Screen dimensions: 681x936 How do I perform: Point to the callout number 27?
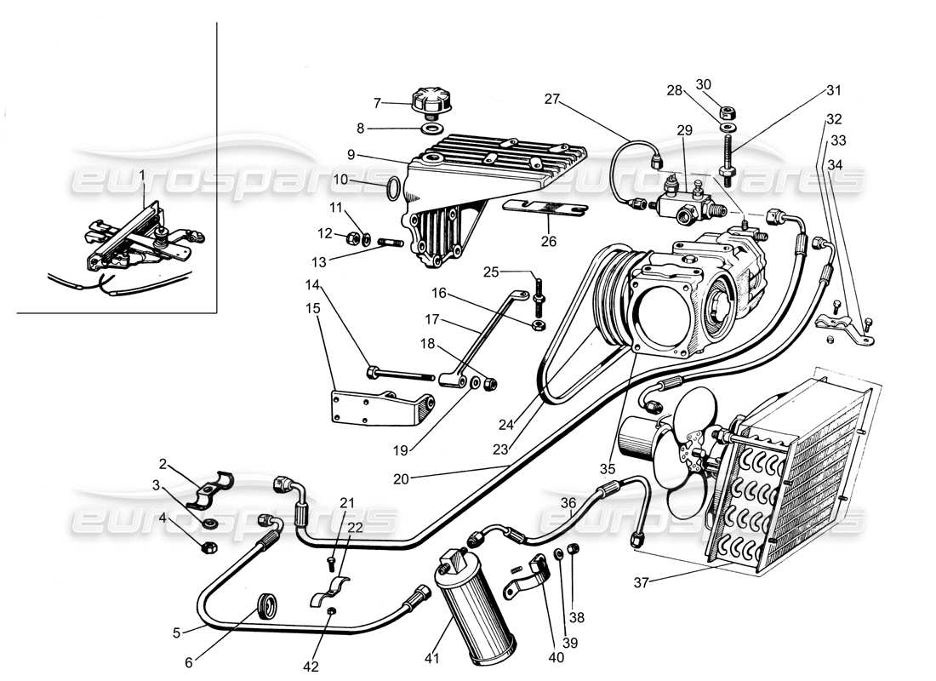(x=553, y=100)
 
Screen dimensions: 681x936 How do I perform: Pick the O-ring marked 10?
(x=393, y=189)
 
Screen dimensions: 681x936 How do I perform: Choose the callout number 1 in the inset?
(x=142, y=175)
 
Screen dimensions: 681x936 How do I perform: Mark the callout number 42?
(x=311, y=666)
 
